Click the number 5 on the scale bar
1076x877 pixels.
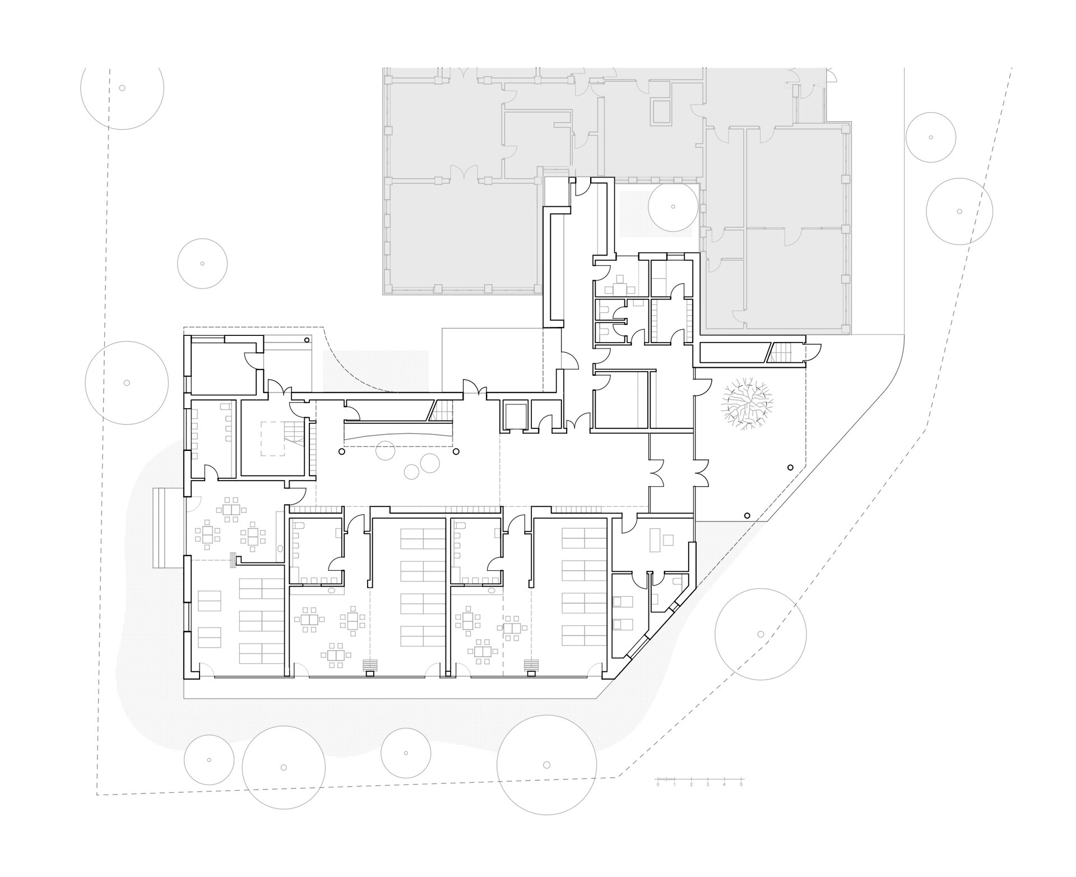741,784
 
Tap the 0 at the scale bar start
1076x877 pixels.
658,784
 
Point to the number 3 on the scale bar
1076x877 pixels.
708,784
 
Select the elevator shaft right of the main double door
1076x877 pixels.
513,416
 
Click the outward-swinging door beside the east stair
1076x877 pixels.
812,351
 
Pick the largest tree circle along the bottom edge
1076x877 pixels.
546,764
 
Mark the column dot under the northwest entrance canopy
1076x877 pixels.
307,339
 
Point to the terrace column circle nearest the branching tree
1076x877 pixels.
790,467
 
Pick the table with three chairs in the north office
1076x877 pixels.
620,287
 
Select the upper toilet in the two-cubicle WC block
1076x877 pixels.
605,310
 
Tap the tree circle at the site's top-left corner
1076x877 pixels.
122,88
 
